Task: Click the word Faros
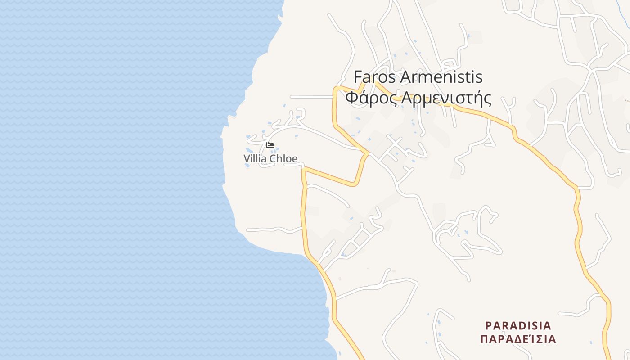375,77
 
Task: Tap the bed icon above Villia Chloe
270,145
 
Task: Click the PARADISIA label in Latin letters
518,325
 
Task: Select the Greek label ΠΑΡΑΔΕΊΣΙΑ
518,339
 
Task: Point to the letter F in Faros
358,77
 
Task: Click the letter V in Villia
247,159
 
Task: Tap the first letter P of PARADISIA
489,325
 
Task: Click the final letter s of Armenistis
479,78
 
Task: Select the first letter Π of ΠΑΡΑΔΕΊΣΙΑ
484,339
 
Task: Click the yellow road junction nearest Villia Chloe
304,170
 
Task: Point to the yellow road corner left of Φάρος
335,88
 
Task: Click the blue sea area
112,180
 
